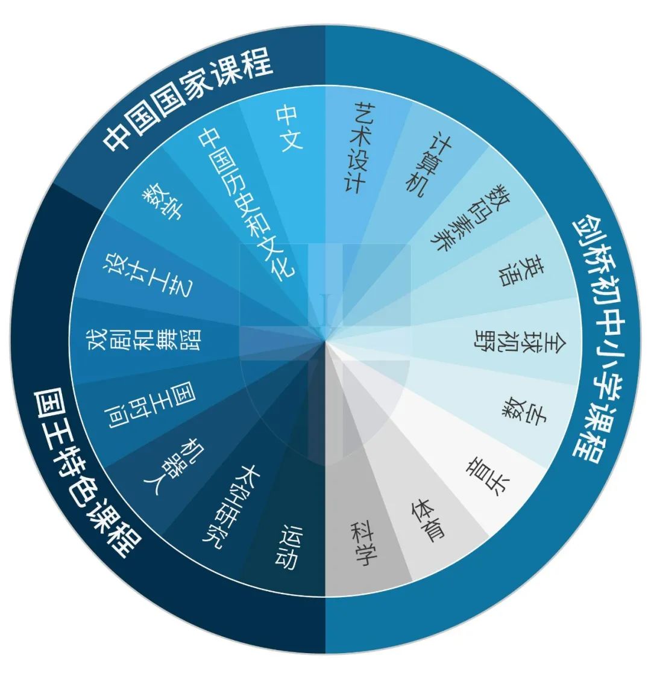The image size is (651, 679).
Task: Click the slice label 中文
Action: [289, 128]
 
